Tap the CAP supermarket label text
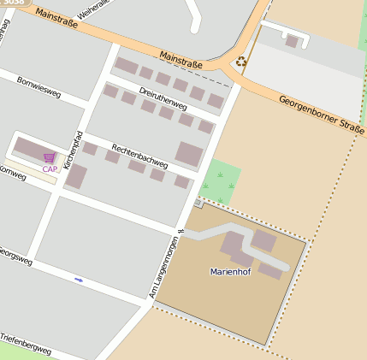click(x=50, y=169)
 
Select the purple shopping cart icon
click(x=50, y=157)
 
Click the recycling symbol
click(x=241, y=62)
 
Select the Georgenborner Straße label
click(x=321, y=115)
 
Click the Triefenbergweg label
click(x=26, y=345)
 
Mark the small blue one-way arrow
click(x=79, y=280)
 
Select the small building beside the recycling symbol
click(x=292, y=41)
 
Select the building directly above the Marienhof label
click(x=235, y=248)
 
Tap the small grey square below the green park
click(x=199, y=204)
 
